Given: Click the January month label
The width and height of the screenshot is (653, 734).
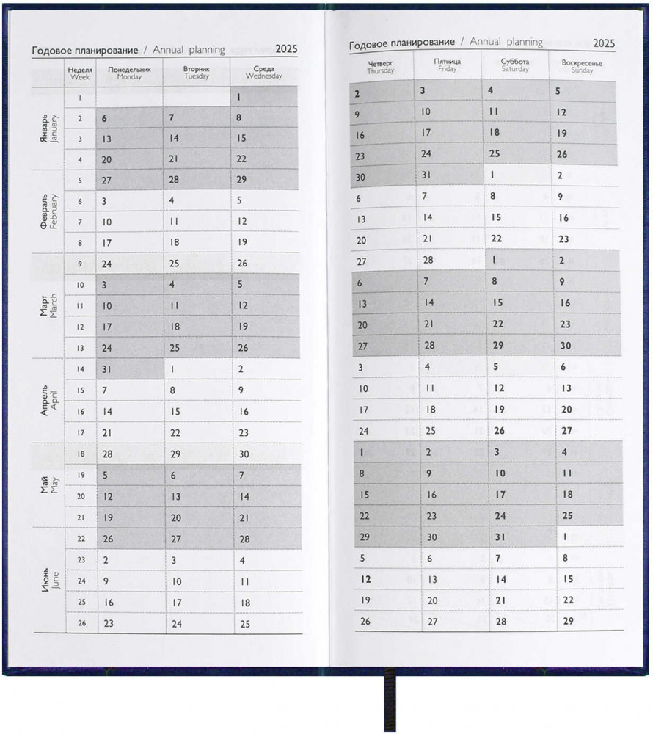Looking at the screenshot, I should [x=48, y=128].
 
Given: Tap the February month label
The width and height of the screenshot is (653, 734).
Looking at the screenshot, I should [x=48, y=212].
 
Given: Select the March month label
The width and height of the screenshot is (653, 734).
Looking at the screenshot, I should [x=48, y=305].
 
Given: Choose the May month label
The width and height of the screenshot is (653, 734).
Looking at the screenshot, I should [x=48, y=484].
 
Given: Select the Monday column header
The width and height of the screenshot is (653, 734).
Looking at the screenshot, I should [x=129, y=72].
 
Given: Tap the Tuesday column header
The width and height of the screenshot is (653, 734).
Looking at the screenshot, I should [x=196, y=72].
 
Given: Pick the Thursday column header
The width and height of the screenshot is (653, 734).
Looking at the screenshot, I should [x=381, y=67].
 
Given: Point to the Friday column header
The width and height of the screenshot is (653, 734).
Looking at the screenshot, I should [x=447, y=65].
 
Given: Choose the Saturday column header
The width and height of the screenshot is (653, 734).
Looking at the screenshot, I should [x=515, y=65].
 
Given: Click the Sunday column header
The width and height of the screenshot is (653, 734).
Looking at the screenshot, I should [x=582, y=66].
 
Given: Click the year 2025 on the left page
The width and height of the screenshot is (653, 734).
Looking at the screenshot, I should [x=286, y=50].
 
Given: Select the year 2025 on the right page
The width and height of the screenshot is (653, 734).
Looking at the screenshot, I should [x=604, y=43].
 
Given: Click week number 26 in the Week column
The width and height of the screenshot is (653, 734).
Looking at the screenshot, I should [x=81, y=624].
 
